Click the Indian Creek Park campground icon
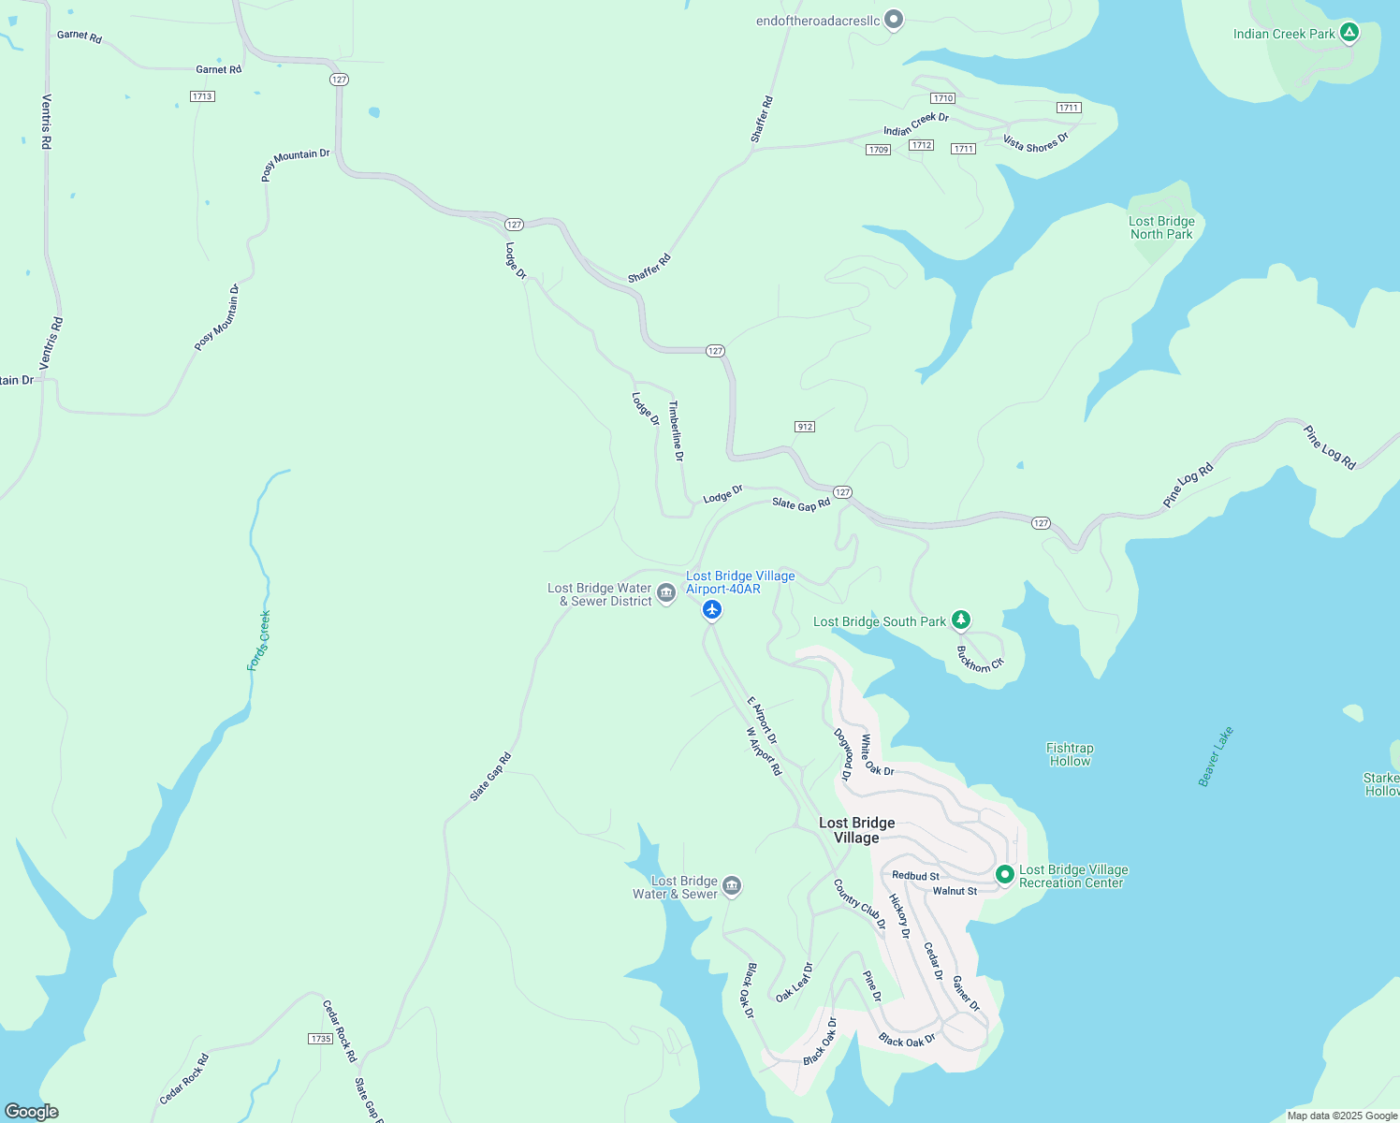coord(1349,33)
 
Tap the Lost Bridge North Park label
coord(1161,228)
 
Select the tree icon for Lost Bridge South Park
coord(960,620)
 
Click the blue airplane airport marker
coord(712,610)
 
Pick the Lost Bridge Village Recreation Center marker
coord(1004,874)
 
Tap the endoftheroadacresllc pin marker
coord(894,19)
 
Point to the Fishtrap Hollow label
coord(1070,754)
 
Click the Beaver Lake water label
coord(1216,756)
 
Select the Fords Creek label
coord(259,641)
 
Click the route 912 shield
coord(805,427)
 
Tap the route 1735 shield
coord(321,1039)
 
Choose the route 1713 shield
coord(202,96)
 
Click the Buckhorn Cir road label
coord(980,659)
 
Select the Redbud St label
coord(915,876)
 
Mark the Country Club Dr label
coord(859,905)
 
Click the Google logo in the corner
coord(32,1112)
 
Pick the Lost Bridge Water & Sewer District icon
coord(666,592)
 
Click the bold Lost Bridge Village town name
coord(856,830)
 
